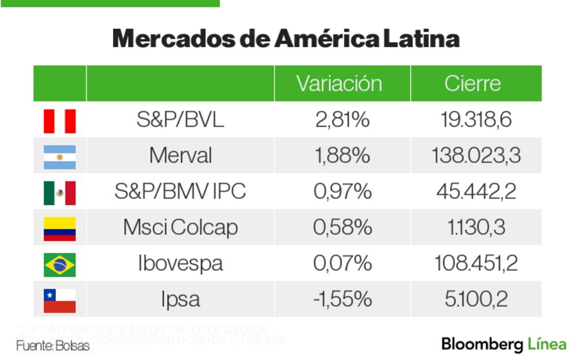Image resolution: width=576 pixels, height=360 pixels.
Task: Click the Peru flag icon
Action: click(x=60, y=121)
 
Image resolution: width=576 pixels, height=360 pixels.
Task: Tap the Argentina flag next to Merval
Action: click(x=60, y=157)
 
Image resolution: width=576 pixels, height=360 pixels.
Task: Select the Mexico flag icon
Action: click(x=60, y=192)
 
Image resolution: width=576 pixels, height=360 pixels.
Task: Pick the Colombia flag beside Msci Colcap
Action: click(x=60, y=229)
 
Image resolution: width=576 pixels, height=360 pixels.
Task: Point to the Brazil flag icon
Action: click(x=60, y=264)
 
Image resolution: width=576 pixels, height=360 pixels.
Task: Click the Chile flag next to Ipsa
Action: click(x=60, y=300)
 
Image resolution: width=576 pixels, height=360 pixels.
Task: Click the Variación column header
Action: click(x=339, y=84)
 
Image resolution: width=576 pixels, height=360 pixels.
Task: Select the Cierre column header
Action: click(x=472, y=84)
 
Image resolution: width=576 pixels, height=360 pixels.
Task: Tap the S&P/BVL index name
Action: click(x=180, y=120)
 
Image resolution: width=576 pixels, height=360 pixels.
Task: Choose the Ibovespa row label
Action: click(x=180, y=264)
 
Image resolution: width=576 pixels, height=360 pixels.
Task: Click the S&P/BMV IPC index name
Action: click(x=180, y=192)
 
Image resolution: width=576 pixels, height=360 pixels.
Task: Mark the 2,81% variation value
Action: click(x=342, y=120)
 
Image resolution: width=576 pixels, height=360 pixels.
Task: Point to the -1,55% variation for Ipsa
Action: click(x=342, y=300)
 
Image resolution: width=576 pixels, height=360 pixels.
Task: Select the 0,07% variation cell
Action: click(x=342, y=264)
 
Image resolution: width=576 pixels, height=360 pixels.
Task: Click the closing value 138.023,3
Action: click(x=476, y=156)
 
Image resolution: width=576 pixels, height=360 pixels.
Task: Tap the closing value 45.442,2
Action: click(x=476, y=192)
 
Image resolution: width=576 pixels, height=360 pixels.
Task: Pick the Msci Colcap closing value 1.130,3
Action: click(x=476, y=228)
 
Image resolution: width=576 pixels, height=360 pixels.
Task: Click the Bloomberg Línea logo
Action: click(x=503, y=344)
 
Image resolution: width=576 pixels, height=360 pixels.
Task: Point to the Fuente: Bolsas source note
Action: click(x=52, y=346)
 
